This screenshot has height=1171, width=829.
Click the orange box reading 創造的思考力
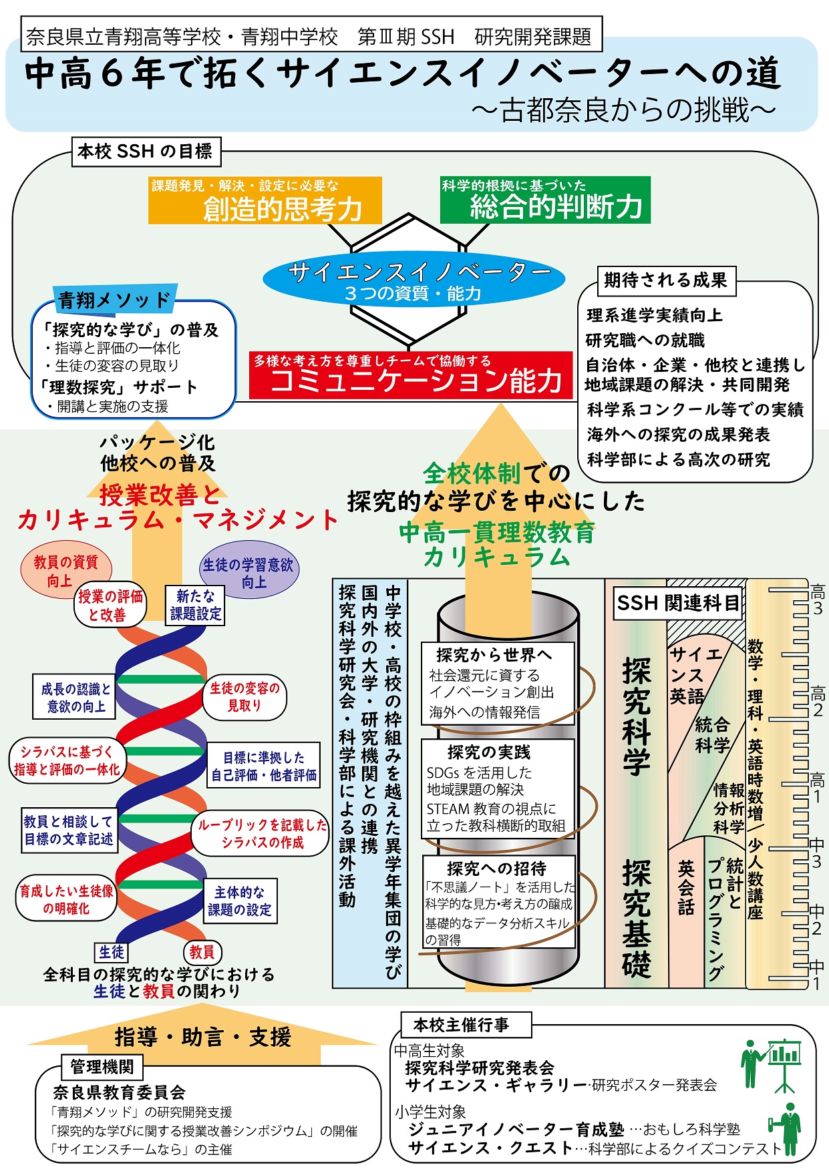click(265, 200)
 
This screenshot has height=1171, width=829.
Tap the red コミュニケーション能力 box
click(411, 375)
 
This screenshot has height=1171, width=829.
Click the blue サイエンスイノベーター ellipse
click(413, 281)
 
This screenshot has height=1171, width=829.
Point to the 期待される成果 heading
click(665, 280)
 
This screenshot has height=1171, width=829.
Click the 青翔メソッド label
click(114, 300)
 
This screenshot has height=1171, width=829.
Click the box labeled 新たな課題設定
click(195, 605)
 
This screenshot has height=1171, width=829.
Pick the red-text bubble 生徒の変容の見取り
click(244, 696)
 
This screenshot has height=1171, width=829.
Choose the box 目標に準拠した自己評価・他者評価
click(263, 766)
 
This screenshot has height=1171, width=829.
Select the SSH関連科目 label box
click(678, 604)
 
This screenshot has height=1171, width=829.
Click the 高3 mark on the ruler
click(817, 600)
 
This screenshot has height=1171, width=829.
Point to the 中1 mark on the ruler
click(816, 974)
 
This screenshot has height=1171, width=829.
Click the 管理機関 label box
click(102, 1066)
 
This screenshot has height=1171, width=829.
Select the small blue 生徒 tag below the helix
click(112, 952)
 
